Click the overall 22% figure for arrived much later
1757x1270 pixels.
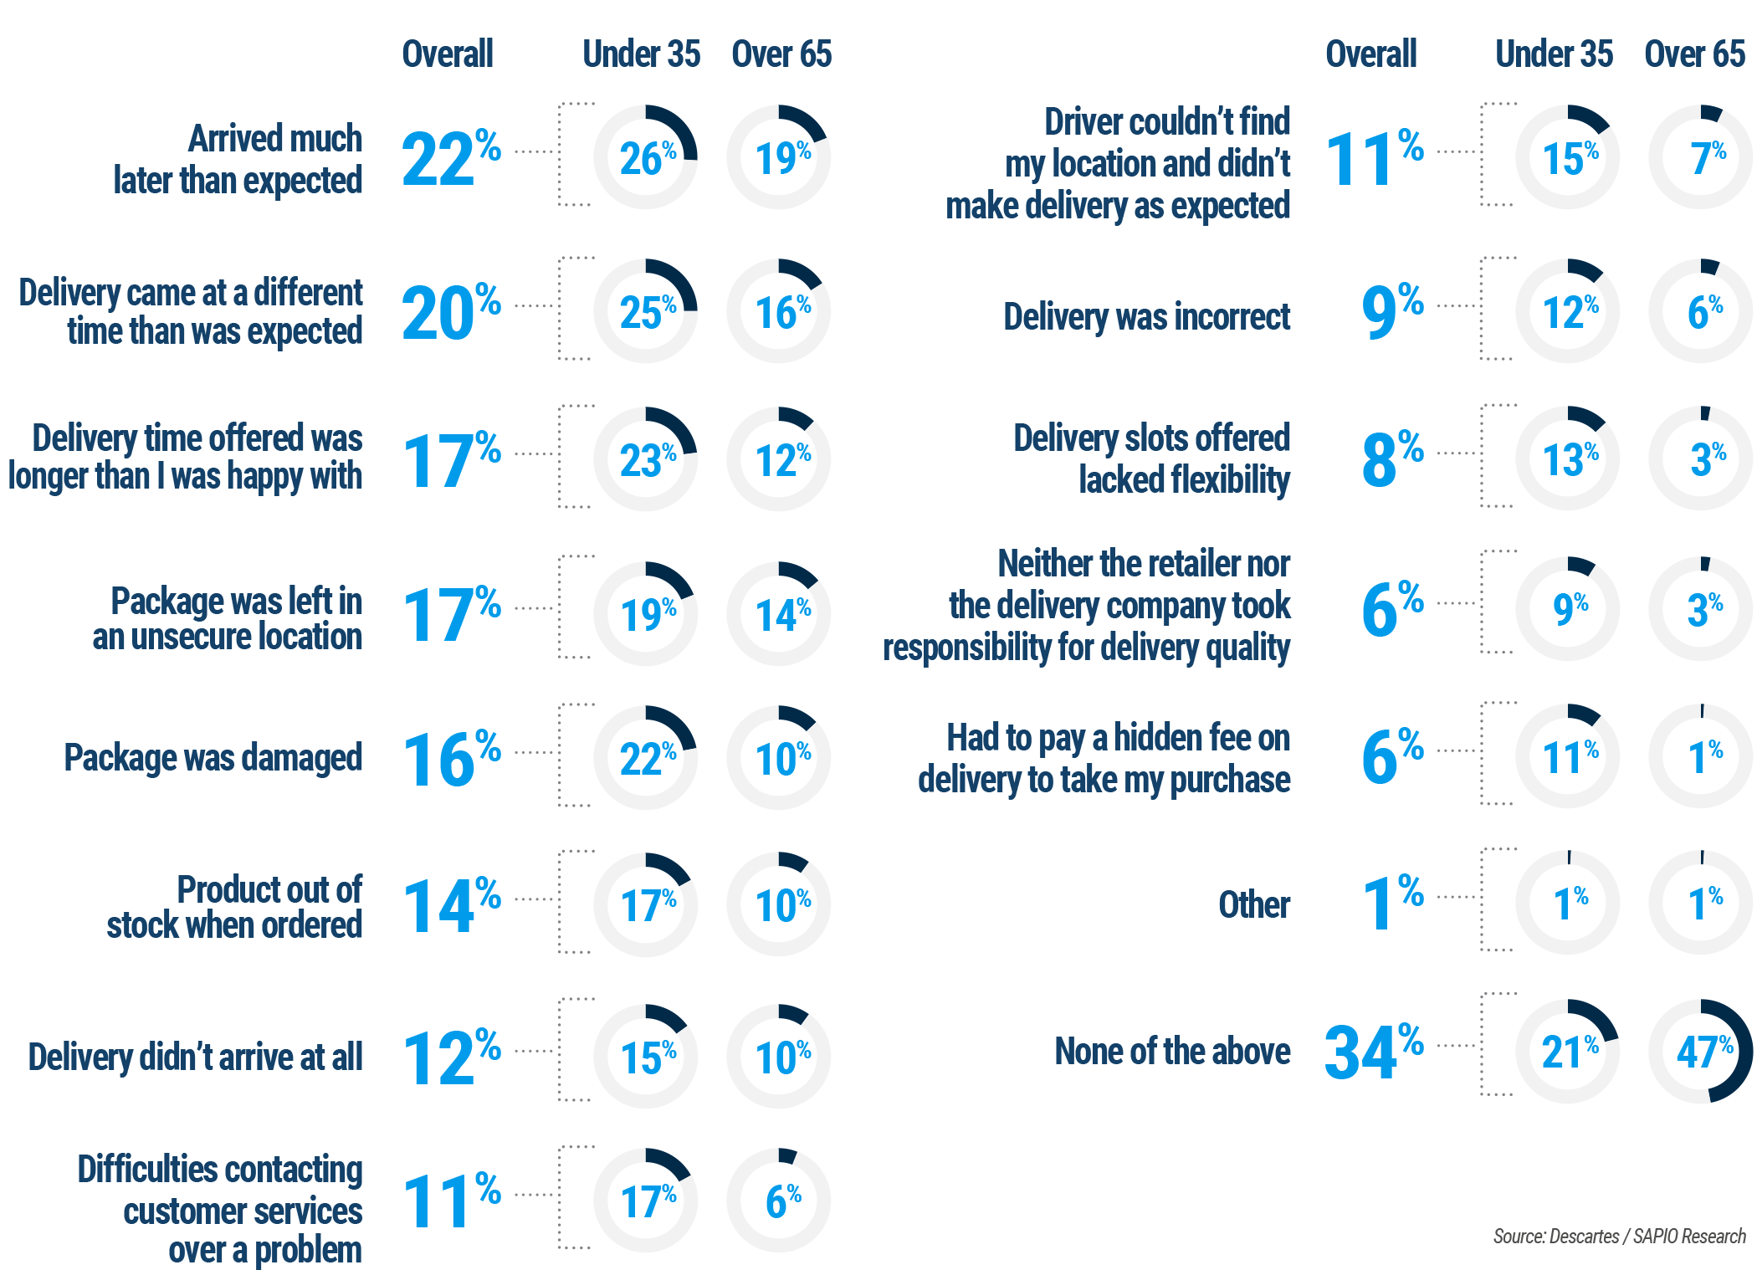coord(450,158)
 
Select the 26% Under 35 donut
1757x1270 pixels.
coord(645,157)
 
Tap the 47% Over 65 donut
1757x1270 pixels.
coord(1701,1051)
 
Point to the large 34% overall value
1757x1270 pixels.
coord(1372,1051)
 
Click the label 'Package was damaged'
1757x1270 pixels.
coord(213,758)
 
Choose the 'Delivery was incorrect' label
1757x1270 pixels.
coord(1146,317)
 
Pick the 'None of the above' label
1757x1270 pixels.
coord(1172,1052)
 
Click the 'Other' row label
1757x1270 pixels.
coord(1254,904)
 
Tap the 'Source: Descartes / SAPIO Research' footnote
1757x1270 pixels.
coord(1619,1237)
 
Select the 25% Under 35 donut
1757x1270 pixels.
coord(645,311)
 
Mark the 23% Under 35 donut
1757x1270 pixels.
coord(645,459)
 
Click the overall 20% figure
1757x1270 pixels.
coord(450,313)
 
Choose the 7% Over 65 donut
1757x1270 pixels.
coord(1701,157)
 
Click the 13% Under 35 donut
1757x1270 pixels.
coord(1568,458)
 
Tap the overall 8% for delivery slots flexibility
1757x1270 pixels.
coord(1391,458)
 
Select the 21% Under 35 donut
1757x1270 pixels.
coord(1568,1051)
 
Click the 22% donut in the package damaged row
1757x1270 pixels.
coord(645,758)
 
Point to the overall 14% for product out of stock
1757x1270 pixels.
coord(450,906)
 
